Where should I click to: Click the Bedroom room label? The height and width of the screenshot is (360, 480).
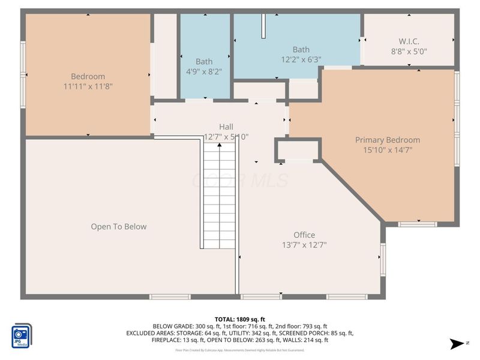pos(88,76)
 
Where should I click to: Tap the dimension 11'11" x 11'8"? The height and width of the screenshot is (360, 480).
pos(88,86)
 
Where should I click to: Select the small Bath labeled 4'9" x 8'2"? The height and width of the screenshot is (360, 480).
pos(204,61)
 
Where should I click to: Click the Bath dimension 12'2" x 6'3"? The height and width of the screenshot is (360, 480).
pos(301,59)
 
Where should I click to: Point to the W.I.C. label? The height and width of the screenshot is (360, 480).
pos(409,41)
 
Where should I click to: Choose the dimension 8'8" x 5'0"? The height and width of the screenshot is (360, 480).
pos(409,52)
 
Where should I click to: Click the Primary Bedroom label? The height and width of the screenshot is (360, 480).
pos(388,140)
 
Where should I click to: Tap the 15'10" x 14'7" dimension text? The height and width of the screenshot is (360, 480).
pos(388,150)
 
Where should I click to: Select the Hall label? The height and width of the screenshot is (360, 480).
pos(226,127)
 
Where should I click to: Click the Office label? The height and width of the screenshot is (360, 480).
pos(304,235)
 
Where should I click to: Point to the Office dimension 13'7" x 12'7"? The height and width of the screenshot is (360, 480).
pos(304,245)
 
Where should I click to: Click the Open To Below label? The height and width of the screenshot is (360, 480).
pos(119,226)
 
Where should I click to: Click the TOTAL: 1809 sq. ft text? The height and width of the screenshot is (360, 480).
pos(240,319)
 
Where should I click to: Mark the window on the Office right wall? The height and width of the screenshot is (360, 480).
pos(382,259)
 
